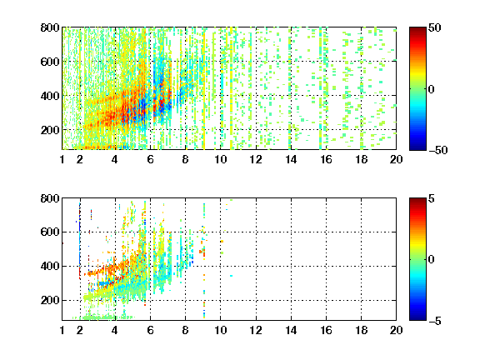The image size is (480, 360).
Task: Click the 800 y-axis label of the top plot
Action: (x=50, y=27)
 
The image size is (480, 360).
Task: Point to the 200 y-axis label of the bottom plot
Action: (x=50, y=300)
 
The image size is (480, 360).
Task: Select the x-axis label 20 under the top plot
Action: (x=396, y=159)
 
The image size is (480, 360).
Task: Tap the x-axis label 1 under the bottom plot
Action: (x=62, y=330)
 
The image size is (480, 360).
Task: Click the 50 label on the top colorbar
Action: (x=435, y=27)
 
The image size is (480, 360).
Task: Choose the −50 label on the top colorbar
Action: (x=438, y=150)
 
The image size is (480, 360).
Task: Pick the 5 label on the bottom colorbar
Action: (x=432, y=198)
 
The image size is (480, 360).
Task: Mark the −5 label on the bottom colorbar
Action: (x=435, y=321)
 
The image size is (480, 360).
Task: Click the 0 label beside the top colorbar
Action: (x=432, y=89)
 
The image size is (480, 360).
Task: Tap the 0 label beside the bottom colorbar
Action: (x=432, y=260)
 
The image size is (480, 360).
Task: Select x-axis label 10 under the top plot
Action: (x=220, y=159)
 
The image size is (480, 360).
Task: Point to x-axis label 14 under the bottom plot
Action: (x=291, y=330)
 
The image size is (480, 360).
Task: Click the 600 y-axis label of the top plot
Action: (x=50, y=62)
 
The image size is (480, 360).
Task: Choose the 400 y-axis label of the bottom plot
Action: (x=50, y=266)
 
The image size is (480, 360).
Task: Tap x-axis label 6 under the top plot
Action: (x=150, y=159)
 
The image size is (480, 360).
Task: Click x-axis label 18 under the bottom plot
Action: (x=361, y=330)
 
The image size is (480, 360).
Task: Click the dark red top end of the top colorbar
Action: (x=417, y=28)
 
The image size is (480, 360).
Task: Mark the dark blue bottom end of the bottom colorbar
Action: (x=417, y=319)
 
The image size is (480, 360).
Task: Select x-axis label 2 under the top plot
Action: (x=80, y=159)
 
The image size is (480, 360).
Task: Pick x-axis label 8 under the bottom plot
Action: (x=185, y=330)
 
